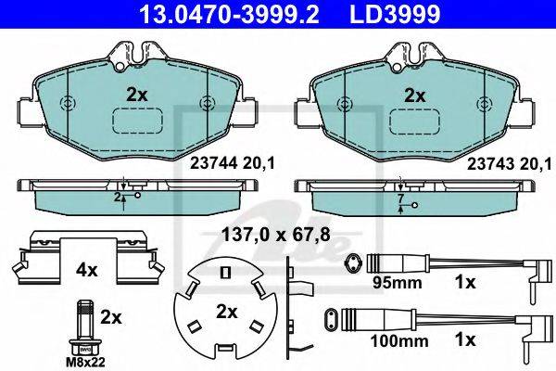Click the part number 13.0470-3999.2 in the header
(230, 14)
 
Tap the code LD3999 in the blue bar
(395, 14)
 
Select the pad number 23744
(214, 163)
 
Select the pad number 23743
(490, 164)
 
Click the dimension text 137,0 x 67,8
(276, 235)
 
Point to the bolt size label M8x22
(85, 363)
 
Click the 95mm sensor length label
(397, 283)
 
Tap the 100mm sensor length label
(398, 341)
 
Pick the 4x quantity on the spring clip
(86, 271)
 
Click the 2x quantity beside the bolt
(110, 317)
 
